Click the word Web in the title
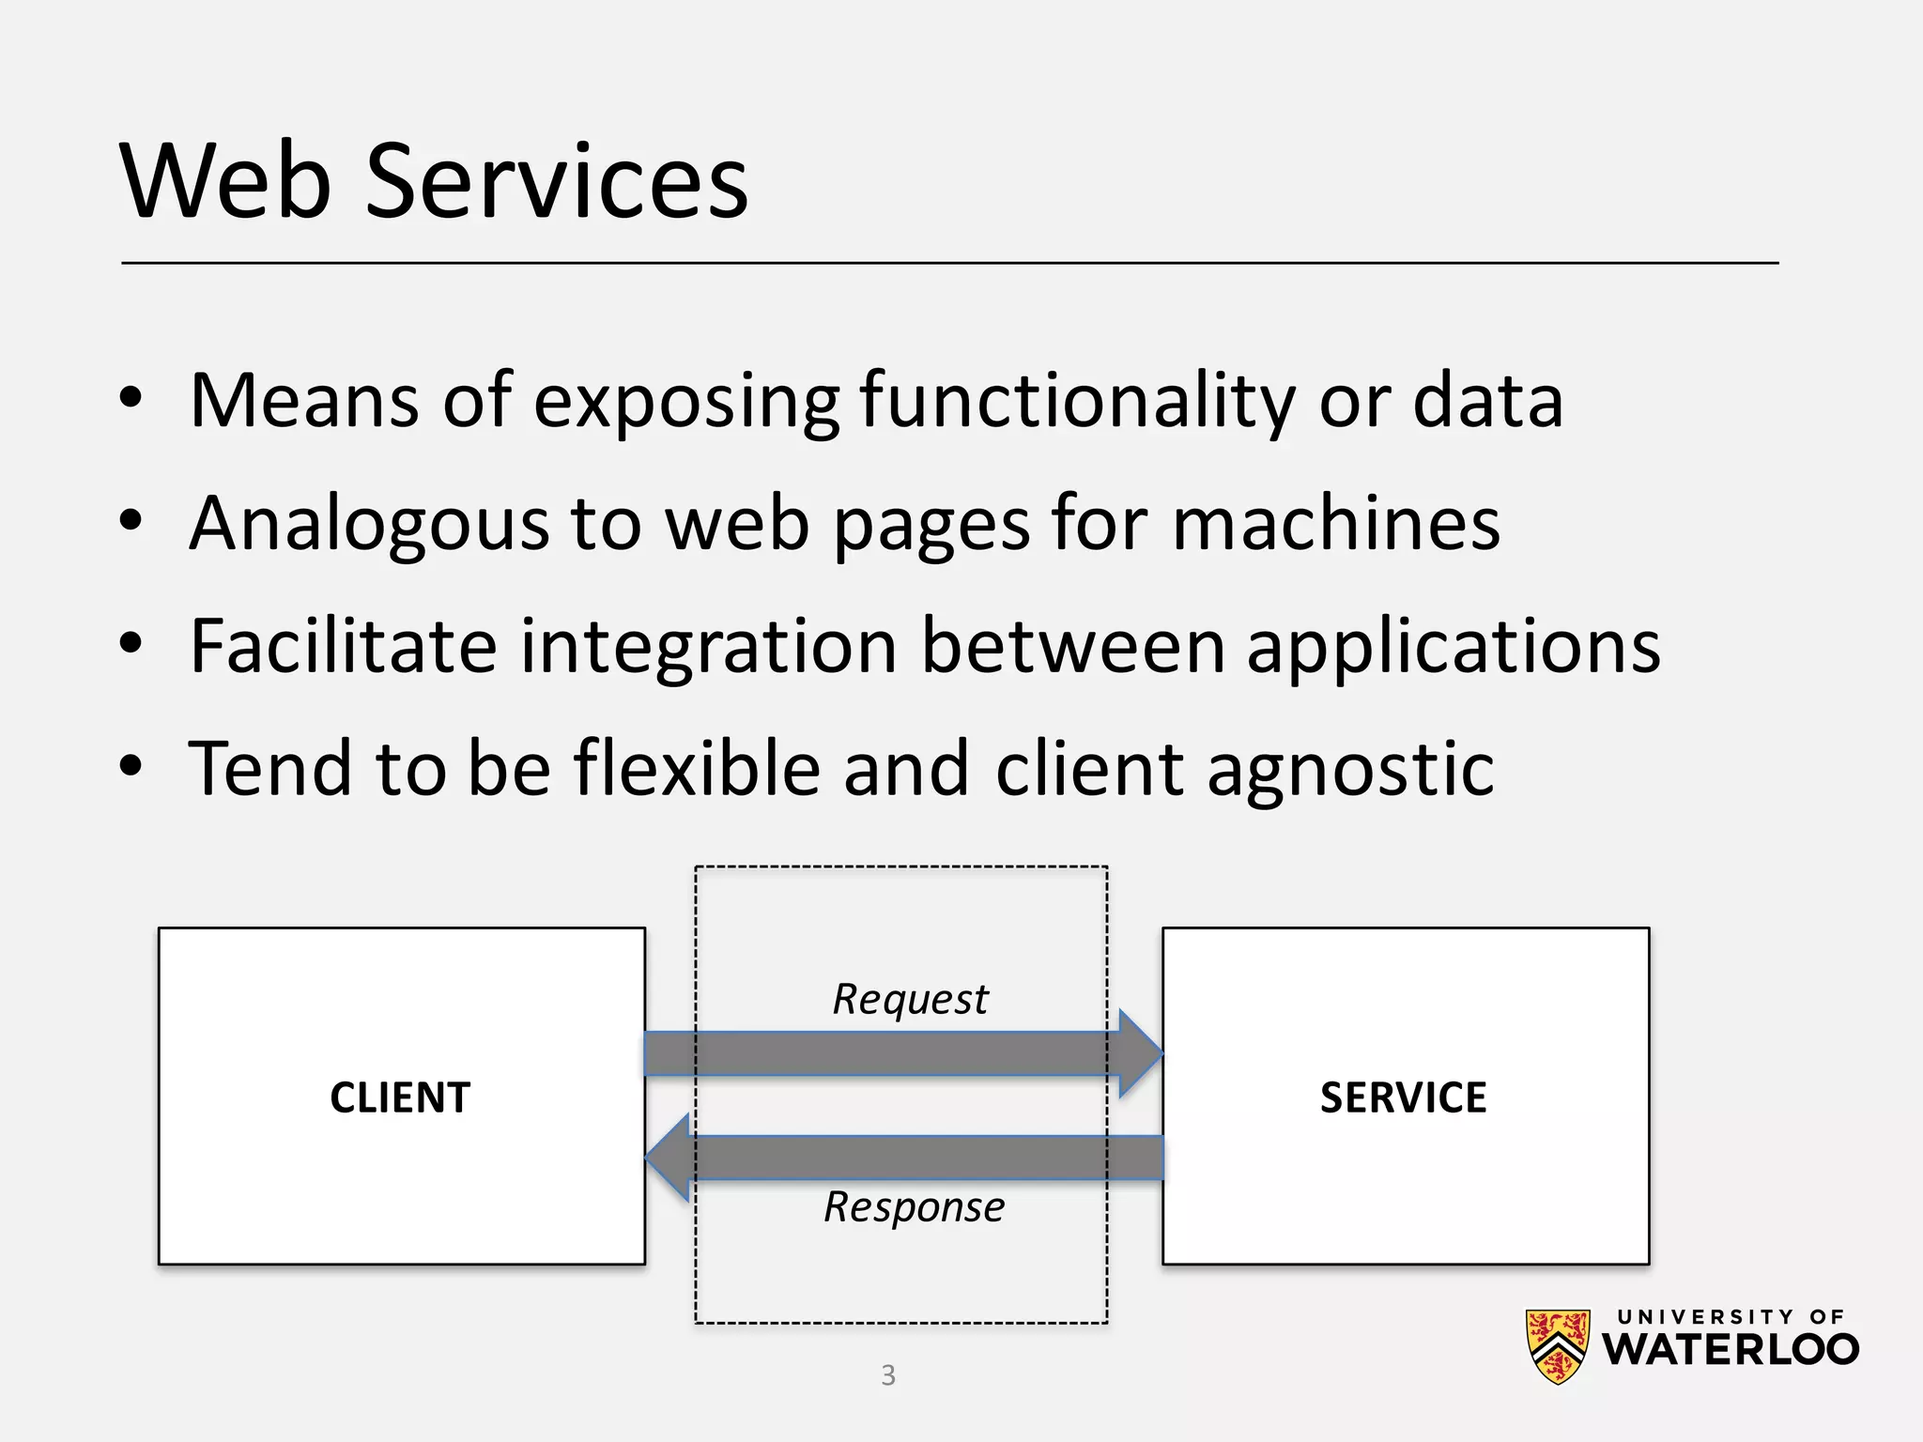pyautogui.click(x=225, y=180)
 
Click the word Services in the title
pyautogui.click(x=556, y=180)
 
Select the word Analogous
pyautogui.click(x=368, y=524)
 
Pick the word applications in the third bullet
pyautogui.click(x=1453, y=648)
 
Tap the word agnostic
pyautogui.click(x=1349, y=770)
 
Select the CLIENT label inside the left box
pyautogui.click(x=400, y=1097)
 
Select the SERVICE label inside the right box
pyautogui.click(x=1403, y=1097)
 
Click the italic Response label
pyautogui.click(x=914, y=1207)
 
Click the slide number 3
pyautogui.click(x=888, y=1375)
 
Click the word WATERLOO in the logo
pyautogui.click(x=1730, y=1350)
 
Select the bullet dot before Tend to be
pyautogui.click(x=131, y=766)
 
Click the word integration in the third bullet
pyautogui.click(x=708, y=648)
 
